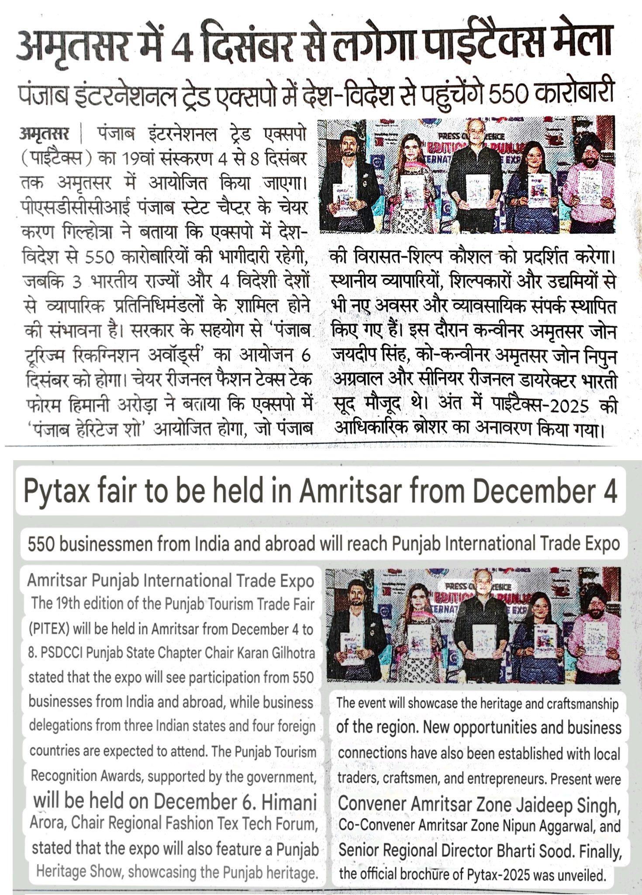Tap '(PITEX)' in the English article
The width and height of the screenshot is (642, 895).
point(48,629)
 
